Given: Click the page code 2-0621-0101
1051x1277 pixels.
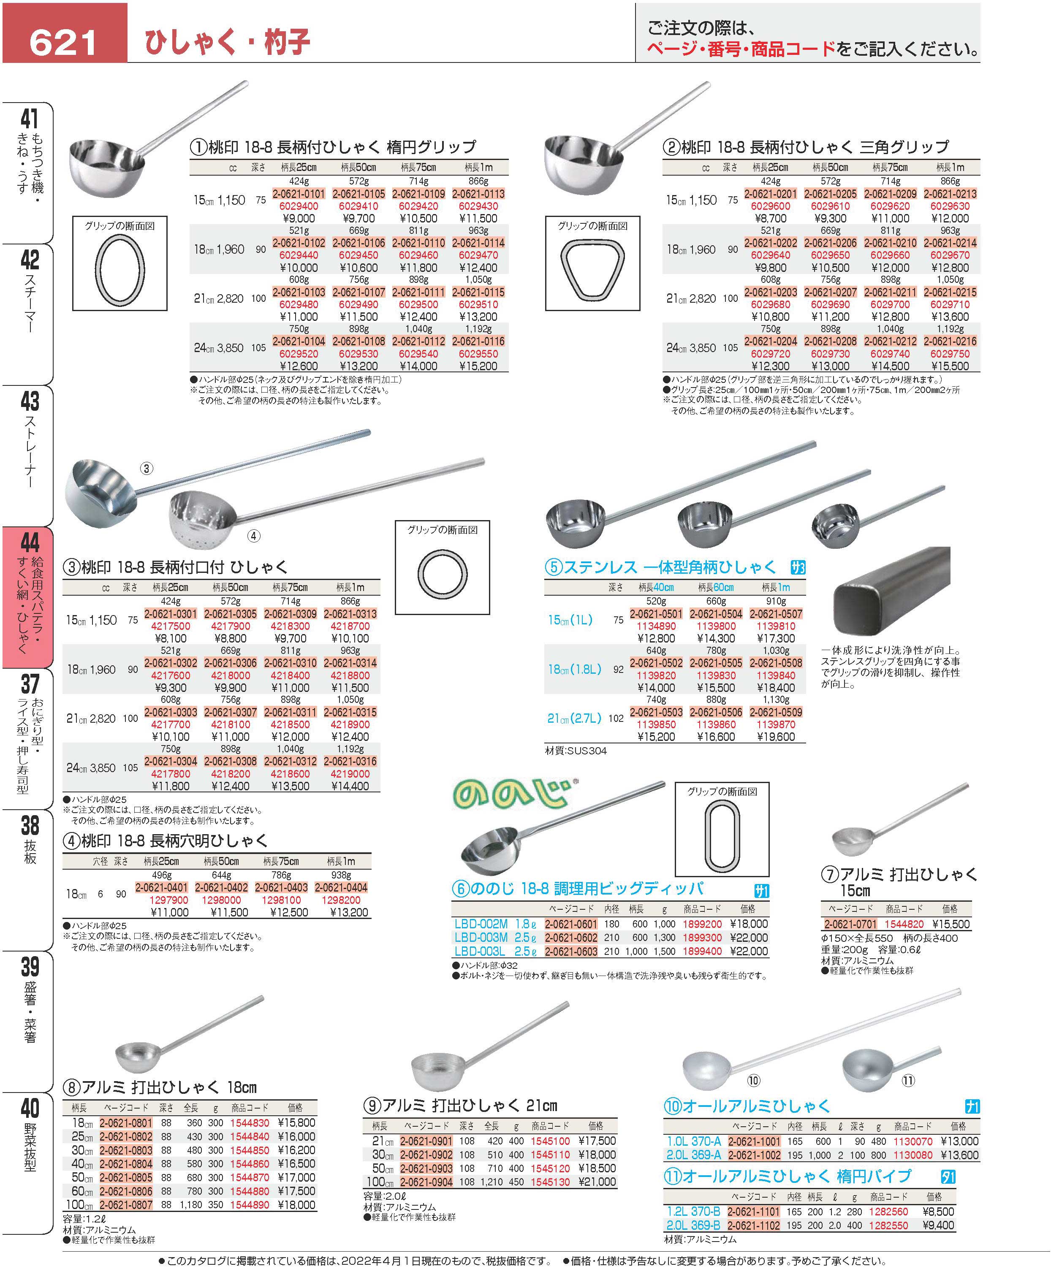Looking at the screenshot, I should pos(299,194).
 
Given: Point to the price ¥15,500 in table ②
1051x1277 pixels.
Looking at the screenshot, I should pos(950,366).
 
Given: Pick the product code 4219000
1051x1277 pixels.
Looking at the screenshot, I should pos(350,774).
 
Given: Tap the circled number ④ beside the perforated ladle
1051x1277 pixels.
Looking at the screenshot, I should pos(254,536).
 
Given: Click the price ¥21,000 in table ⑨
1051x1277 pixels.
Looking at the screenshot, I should pos(597,1182).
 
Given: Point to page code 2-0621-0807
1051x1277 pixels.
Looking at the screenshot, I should pos(126,1205).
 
